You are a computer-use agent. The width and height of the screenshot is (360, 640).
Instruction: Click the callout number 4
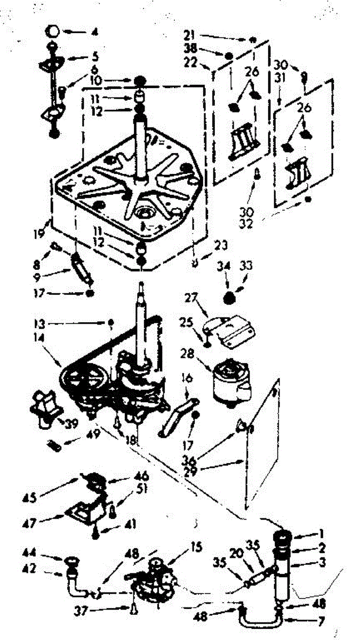pyautogui.click(x=94, y=33)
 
